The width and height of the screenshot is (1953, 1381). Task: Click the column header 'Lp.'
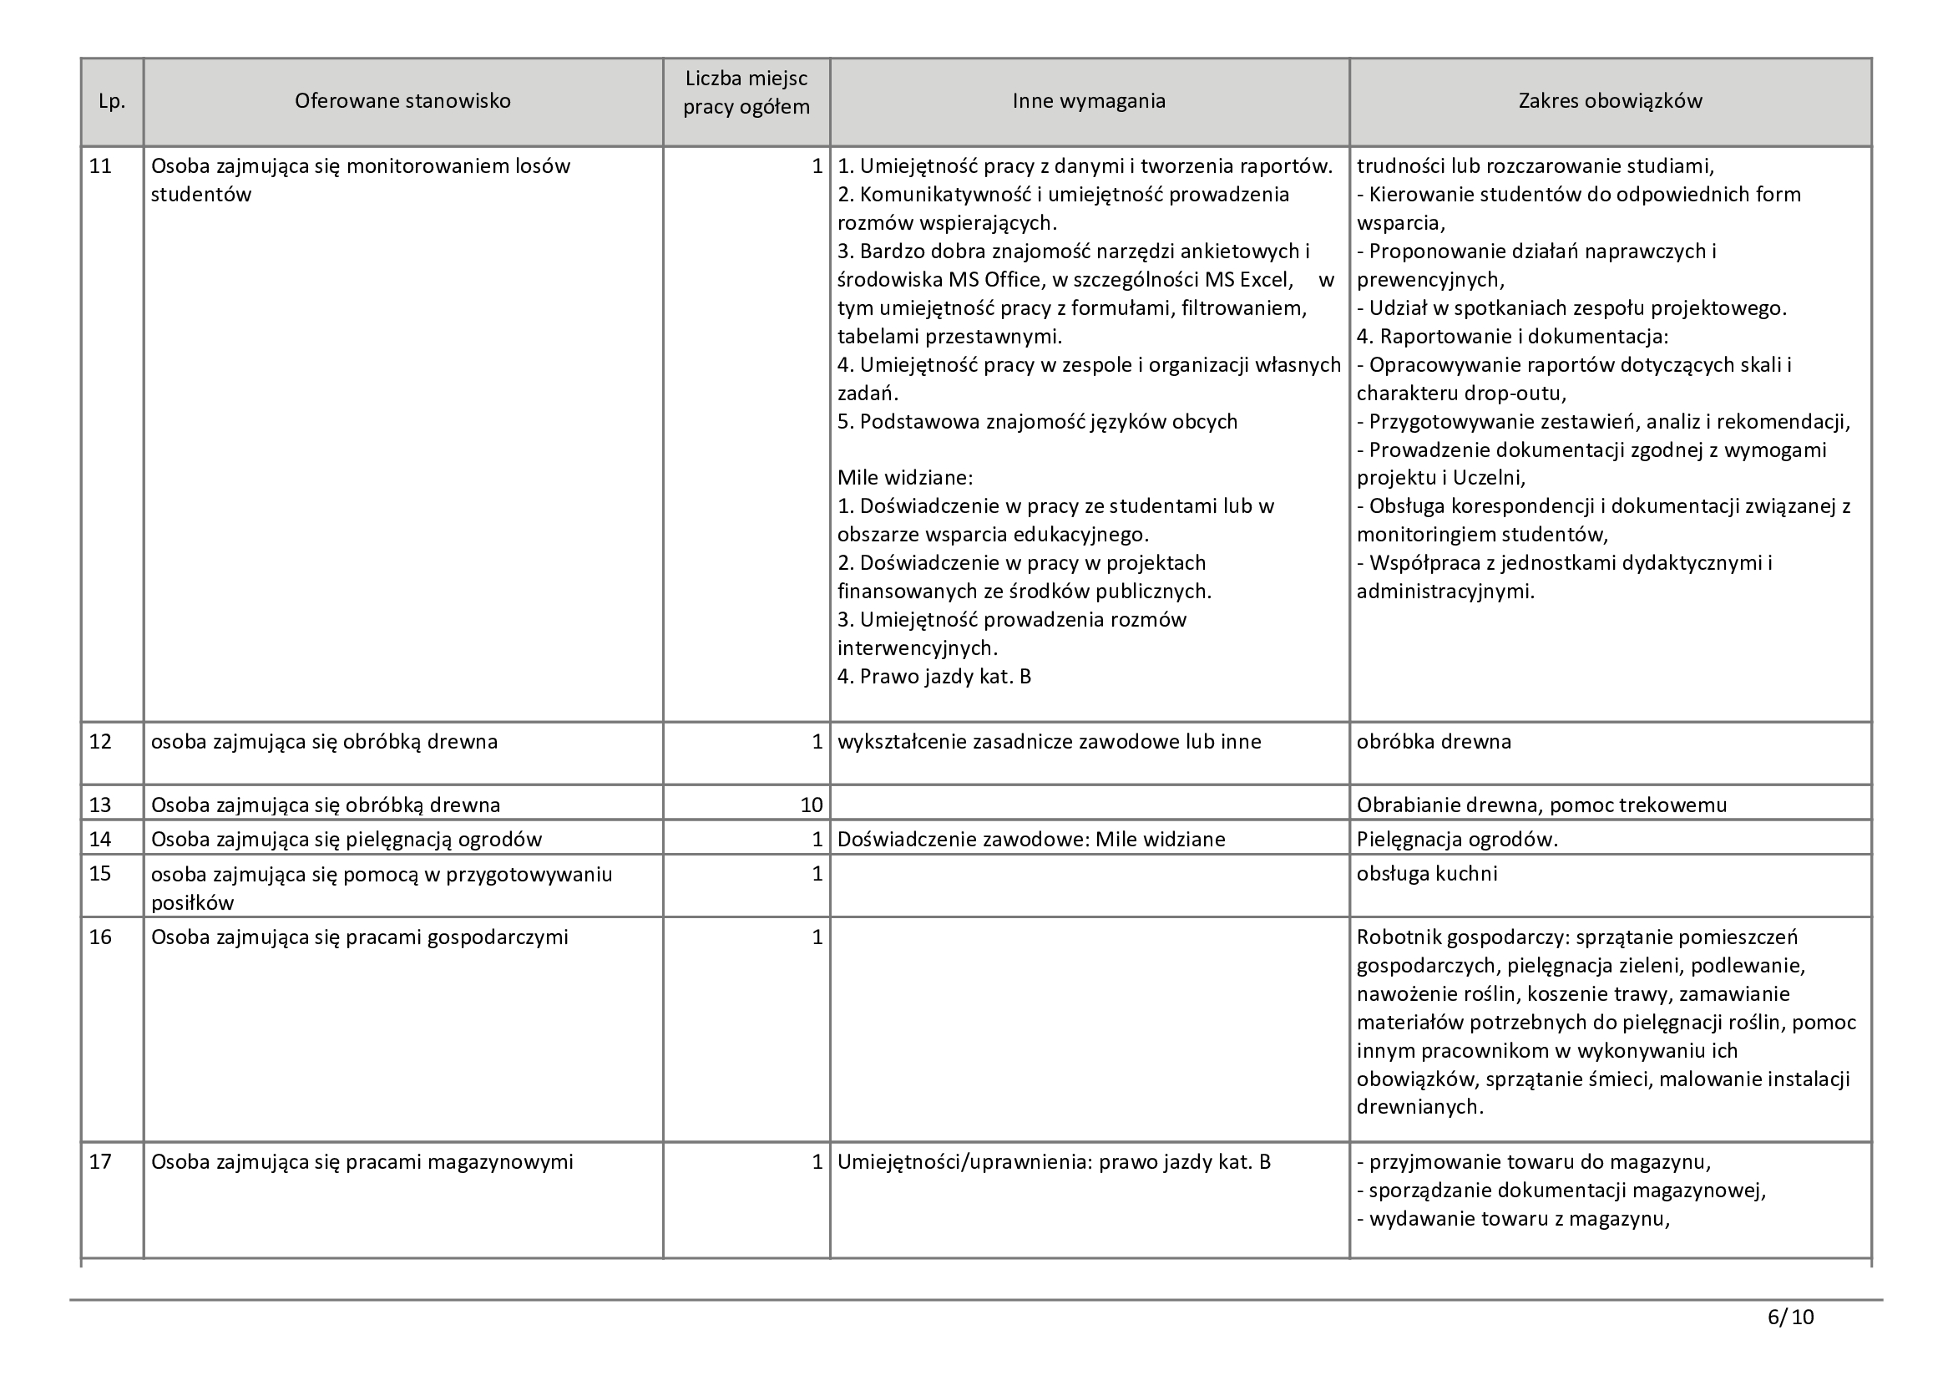(x=111, y=101)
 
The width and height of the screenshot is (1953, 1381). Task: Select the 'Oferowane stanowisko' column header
(x=402, y=101)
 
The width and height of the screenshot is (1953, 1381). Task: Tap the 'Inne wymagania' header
(x=1089, y=101)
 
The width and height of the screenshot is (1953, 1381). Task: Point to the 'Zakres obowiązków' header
(x=1610, y=101)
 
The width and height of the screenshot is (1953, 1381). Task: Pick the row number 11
(x=100, y=166)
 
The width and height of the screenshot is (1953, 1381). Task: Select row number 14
(x=100, y=839)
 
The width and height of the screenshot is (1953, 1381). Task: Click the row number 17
(x=100, y=1161)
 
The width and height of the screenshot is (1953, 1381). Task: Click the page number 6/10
(x=1790, y=1318)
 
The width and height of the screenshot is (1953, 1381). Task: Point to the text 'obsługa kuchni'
(x=1426, y=874)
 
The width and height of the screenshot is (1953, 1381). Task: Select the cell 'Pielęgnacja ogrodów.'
(x=1457, y=839)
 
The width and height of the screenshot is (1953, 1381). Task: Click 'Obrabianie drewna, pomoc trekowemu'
(x=1541, y=805)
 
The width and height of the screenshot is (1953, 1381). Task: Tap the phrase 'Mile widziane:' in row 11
(x=905, y=477)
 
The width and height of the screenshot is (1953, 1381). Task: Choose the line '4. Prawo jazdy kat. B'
(x=934, y=677)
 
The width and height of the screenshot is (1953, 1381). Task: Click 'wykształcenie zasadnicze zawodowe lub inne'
(x=1049, y=742)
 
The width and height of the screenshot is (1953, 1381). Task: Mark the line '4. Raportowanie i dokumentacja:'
(x=1512, y=336)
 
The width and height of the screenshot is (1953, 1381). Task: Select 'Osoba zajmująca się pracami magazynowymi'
(x=362, y=1161)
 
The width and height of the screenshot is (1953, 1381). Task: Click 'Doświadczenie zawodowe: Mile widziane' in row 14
(x=1031, y=839)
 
